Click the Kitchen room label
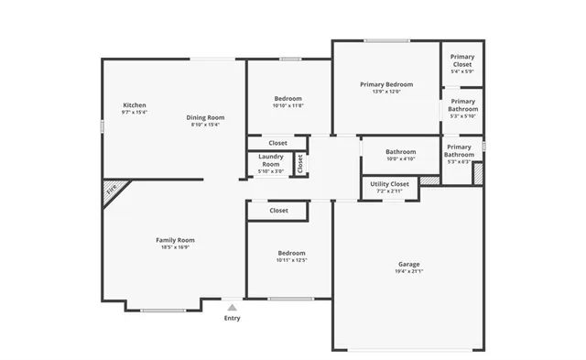coord(135,105)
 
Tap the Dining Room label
coord(206,117)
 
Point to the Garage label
coord(408,263)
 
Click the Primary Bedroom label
coord(386,84)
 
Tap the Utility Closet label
coord(390,183)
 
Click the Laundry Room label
coord(270,160)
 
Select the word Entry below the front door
coord(233,318)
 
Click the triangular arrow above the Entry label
coord(233,308)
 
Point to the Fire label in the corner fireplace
coord(112,191)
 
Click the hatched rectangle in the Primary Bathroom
coord(477,172)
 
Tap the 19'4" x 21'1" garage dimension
coord(408,271)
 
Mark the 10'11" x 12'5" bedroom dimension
coord(291,260)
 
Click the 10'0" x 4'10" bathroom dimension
coord(400,159)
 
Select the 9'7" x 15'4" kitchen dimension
coord(135,113)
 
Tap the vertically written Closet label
coord(299,163)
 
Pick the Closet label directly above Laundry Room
coord(277,143)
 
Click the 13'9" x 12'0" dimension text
coord(386,92)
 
